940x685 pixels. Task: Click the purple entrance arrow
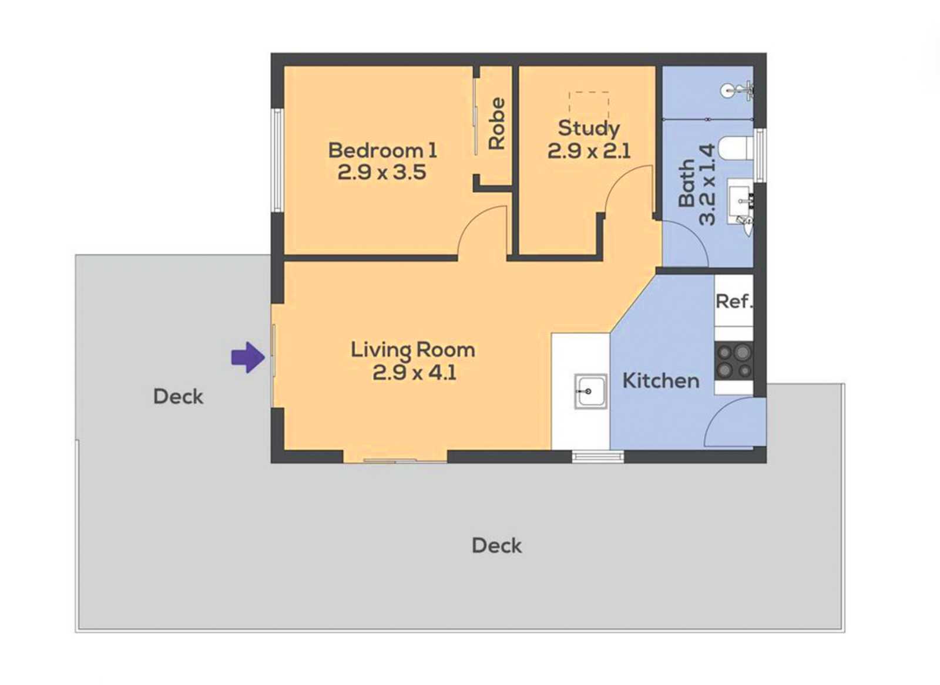coord(248,357)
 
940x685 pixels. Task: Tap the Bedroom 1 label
coord(382,150)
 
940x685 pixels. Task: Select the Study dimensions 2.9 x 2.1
coord(589,151)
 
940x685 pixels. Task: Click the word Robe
coord(497,124)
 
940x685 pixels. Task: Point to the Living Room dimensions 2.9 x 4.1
coord(414,372)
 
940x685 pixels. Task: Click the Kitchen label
coord(661,380)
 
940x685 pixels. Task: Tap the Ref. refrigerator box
coord(734,301)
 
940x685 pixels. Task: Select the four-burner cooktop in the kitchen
coord(734,361)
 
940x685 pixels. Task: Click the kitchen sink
coord(591,391)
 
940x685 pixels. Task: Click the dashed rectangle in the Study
coord(589,102)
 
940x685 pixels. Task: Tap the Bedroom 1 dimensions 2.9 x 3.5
coord(382,173)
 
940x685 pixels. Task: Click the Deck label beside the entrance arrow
coord(179,397)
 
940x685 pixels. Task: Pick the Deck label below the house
coord(497,545)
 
